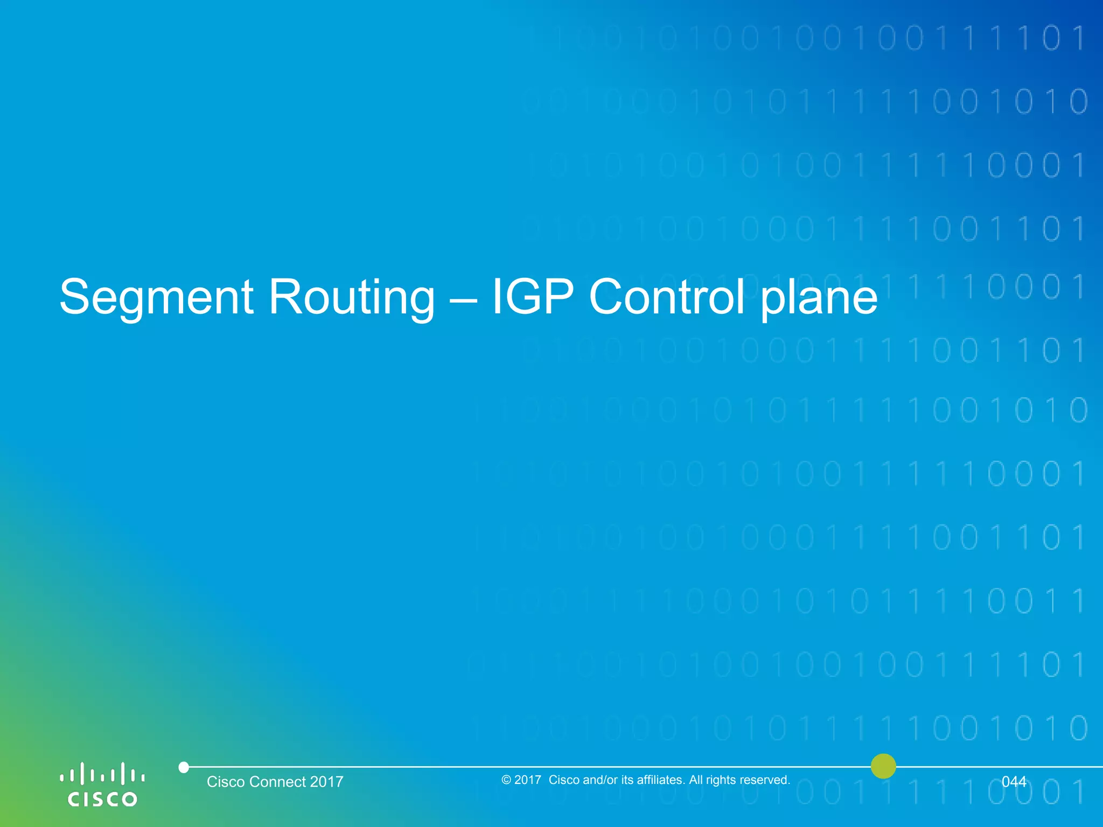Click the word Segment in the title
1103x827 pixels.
tap(156, 297)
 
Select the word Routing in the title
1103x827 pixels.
tap(351, 297)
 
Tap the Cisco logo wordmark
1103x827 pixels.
tap(102, 798)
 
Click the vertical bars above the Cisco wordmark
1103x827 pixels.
tap(102, 774)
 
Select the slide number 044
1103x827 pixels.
tap(1014, 781)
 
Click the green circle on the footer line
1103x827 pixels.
tap(883, 766)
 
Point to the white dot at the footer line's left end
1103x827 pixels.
tap(184, 767)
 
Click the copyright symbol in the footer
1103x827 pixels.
tap(506, 780)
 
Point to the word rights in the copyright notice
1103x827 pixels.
tap(721, 780)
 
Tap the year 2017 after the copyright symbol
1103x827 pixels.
tap(528, 780)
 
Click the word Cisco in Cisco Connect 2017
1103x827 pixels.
tap(226, 782)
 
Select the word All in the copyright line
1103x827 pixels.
tap(696, 780)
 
